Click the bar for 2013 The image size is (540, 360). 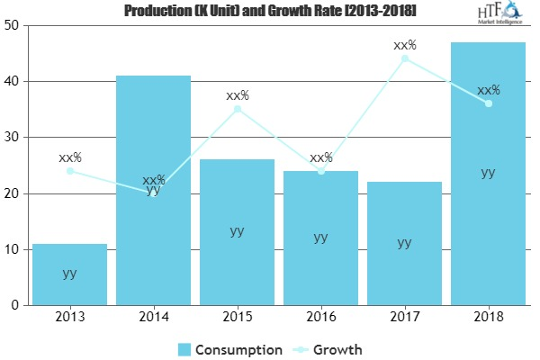click(x=69, y=274)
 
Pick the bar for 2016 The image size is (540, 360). click(x=320, y=238)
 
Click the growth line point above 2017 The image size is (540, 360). click(x=404, y=58)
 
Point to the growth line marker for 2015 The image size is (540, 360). click(x=237, y=109)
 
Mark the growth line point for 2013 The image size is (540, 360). click(x=69, y=171)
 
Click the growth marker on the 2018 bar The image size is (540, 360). click(x=488, y=103)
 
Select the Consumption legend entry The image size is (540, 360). click(x=230, y=349)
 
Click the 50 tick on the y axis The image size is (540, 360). click(x=13, y=25)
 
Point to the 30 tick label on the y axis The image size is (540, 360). click(x=13, y=138)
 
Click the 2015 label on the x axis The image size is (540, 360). click(x=237, y=319)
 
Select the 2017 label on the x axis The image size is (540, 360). click(x=404, y=319)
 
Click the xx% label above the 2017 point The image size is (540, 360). click(x=404, y=44)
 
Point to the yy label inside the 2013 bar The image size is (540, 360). click(x=69, y=273)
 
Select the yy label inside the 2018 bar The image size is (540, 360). click(x=488, y=173)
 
